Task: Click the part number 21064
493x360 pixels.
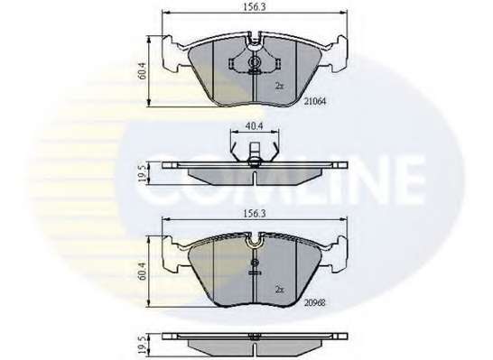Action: pos(315,101)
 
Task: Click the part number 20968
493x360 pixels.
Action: pos(315,302)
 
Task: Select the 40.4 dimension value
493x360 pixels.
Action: pos(254,125)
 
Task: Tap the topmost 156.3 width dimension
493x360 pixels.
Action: pos(254,6)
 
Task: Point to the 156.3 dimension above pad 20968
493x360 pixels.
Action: pos(254,214)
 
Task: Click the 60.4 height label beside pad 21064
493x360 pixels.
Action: pos(142,71)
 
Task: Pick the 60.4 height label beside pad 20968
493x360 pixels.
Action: pos(142,272)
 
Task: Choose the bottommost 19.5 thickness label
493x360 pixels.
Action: pos(142,344)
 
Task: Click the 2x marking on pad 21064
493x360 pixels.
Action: pos(279,86)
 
